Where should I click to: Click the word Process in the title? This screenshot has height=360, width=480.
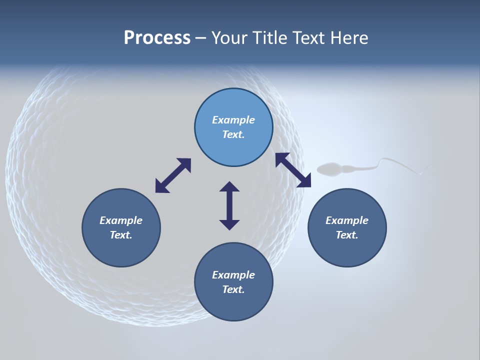(157, 38)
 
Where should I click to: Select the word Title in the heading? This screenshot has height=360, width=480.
(271, 38)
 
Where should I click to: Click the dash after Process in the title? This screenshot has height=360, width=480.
(200, 38)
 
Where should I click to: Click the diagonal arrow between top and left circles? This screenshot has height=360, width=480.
(173, 175)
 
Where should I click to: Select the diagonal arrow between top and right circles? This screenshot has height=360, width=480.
(293, 170)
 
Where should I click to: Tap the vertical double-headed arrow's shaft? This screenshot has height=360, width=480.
(229, 205)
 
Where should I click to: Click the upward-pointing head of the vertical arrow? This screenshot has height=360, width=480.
(229, 186)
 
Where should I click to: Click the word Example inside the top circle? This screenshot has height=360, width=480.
(233, 120)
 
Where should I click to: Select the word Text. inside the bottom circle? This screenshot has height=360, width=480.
(233, 289)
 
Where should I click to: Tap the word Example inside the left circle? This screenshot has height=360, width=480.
(121, 220)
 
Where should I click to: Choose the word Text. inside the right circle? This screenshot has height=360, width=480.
(347, 235)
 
